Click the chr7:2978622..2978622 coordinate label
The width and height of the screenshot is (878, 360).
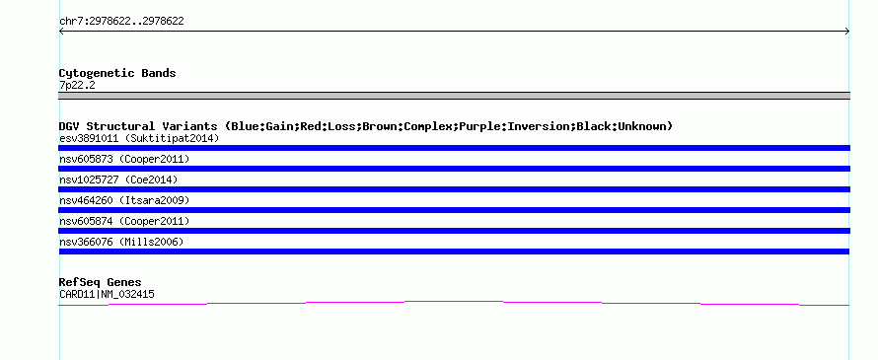click(x=121, y=22)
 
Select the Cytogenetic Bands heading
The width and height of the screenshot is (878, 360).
click(x=117, y=73)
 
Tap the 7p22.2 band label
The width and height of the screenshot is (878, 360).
click(x=77, y=86)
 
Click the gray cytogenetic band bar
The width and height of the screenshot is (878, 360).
click(x=454, y=96)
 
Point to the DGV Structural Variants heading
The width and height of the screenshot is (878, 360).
click(x=366, y=126)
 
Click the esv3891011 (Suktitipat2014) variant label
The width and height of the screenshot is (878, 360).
click(x=139, y=138)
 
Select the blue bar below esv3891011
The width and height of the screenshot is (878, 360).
click(x=454, y=148)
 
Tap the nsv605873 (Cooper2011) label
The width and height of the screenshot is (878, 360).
click(x=124, y=159)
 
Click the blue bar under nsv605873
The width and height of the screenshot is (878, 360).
click(x=454, y=169)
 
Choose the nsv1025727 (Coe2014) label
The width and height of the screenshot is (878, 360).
click(x=118, y=180)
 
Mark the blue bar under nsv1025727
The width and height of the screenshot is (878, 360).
click(x=454, y=189)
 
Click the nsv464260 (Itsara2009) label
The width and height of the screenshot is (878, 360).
click(x=124, y=200)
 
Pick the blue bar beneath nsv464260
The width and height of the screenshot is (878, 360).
click(x=454, y=210)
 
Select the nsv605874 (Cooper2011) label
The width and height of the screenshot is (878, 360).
click(x=124, y=221)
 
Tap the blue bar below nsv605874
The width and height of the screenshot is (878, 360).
click(x=454, y=231)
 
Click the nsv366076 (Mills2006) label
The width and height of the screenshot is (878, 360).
click(x=121, y=242)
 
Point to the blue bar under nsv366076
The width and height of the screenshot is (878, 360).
click(x=454, y=252)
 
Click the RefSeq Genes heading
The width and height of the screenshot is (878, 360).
click(x=100, y=283)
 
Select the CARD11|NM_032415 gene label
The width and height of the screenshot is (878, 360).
click(x=107, y=295)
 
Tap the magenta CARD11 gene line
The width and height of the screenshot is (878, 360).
click(x=454, y=302)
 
